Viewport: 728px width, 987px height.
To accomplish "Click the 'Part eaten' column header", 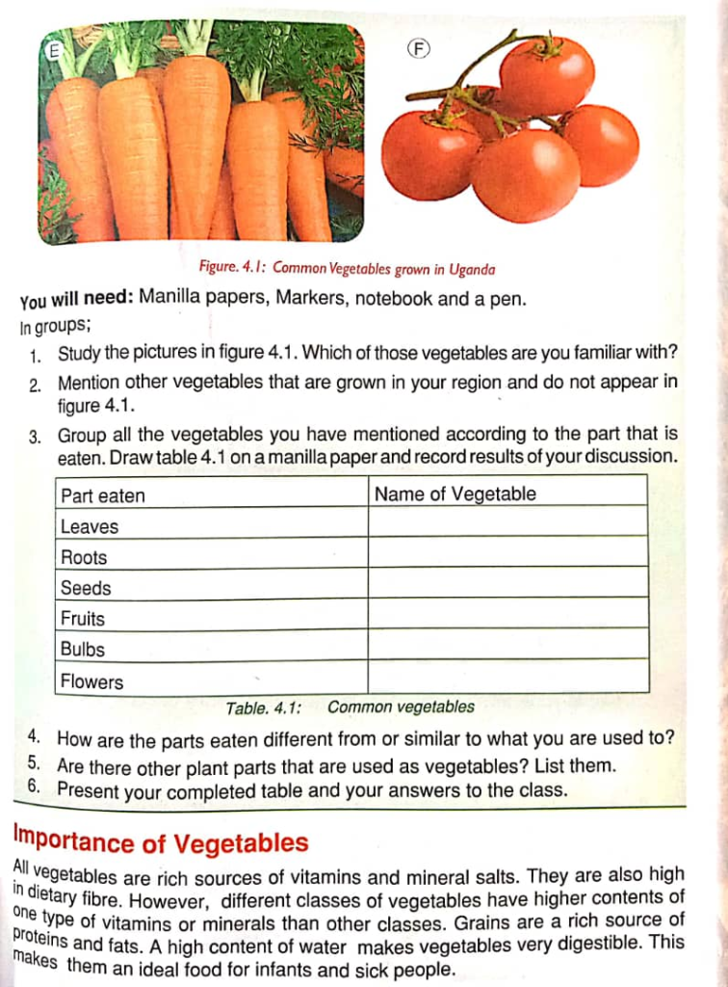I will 103,495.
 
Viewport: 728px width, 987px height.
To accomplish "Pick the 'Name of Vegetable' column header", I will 455,494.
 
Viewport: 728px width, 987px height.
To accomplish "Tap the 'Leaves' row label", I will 90,526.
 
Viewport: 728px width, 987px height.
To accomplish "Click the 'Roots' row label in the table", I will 84,557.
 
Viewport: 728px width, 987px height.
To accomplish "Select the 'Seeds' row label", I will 86,588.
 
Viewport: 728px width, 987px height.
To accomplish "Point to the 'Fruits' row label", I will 83,619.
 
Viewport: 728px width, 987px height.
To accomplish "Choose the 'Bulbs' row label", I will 83,650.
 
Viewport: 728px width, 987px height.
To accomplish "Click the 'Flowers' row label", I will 92,681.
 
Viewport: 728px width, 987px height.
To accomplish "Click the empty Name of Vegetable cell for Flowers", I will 507,677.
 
